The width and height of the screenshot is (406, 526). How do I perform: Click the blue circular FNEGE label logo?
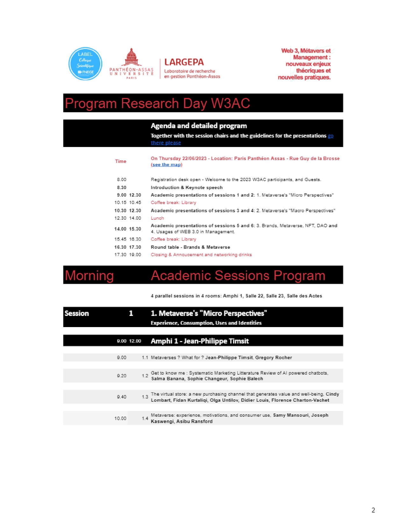click(x=85, y=64)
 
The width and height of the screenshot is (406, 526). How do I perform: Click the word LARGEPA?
click(x=184, y=62)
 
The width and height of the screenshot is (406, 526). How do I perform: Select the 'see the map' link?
click(x=167, y=165)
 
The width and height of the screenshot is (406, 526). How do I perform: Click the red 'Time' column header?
click(x=121, y=161)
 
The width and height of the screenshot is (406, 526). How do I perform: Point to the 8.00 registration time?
click(x=122, y=180)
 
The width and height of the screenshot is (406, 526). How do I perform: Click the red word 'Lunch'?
click(x=157, y=218)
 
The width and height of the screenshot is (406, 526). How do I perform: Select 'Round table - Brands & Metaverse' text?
click(x=190, y=247)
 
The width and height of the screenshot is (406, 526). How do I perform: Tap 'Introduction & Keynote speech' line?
click(x=187, y=188)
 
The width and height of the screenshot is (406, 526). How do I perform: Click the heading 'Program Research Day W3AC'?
click(x=158, y=104)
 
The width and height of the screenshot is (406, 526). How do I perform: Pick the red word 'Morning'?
click(x=89, y=275)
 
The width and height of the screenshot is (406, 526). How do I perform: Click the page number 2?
click(x=373, y=510)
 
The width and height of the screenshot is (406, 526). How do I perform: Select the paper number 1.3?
click(x=145, y=397)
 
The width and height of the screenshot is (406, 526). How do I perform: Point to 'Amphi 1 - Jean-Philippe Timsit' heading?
click(x=200, y=341)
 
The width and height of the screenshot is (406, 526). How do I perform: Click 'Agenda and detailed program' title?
click(x=199, y=126)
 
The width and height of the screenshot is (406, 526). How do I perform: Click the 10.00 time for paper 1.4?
click(x=120, y=419)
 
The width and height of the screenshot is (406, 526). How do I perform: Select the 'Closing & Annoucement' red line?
click(x=201, y=255)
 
